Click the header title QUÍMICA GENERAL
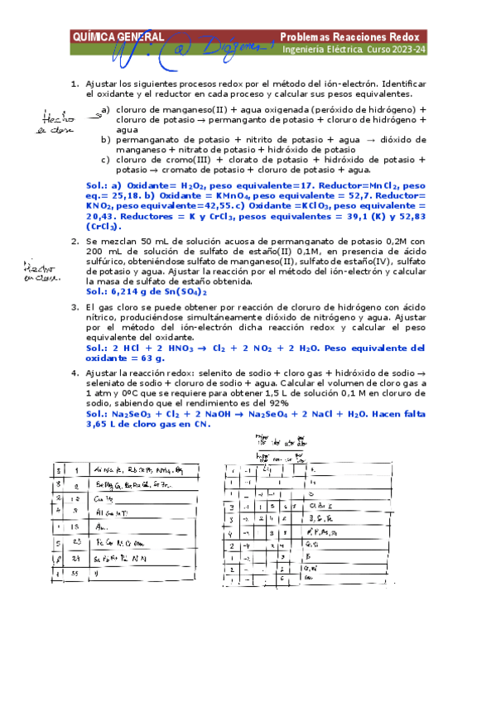point(118,36)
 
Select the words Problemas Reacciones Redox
point(353,36)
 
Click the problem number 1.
point(75,84)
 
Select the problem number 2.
point(75,241)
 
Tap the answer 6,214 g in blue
point(132,291)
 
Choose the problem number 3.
point(75,307)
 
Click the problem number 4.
point(75,374)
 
